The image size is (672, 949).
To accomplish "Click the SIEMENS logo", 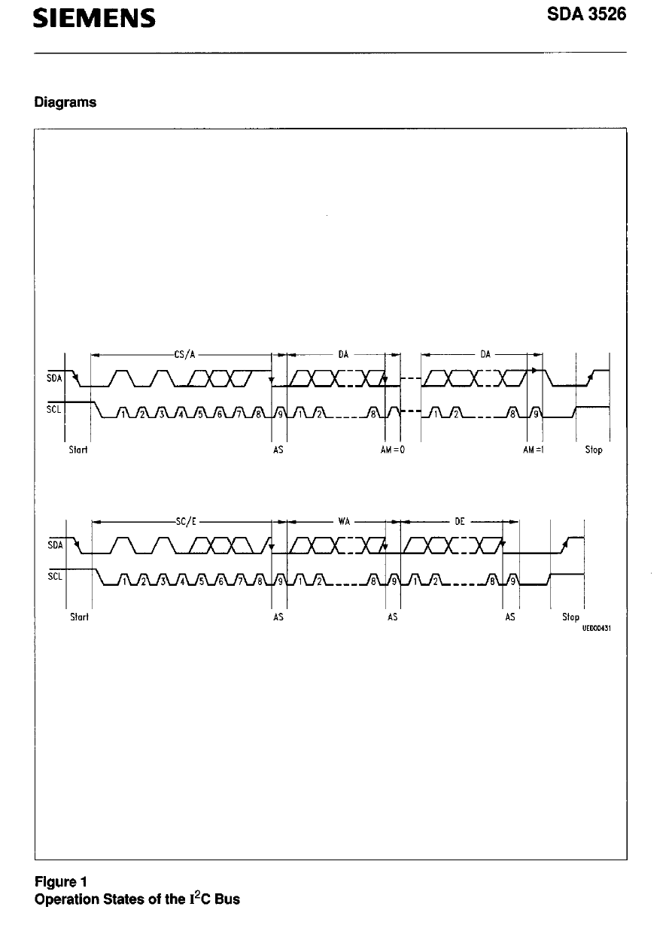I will (x=95, y=18).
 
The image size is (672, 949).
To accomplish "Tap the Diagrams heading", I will (x=65, y=102).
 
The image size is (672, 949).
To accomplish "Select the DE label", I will (x=460, y=522).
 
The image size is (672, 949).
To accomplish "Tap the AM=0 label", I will (x=394, y=450).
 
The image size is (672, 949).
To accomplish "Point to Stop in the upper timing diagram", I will (x=594, y=450).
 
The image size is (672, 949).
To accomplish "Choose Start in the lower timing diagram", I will (x=79, y=617).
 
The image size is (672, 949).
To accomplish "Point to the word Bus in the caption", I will (x=227, y=899).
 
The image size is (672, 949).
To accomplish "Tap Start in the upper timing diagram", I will (x=79, y=450).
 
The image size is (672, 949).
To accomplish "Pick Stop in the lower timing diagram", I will (x=570, y=617).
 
